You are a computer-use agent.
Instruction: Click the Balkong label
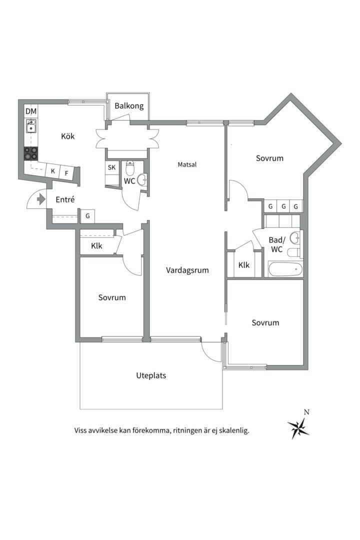129,106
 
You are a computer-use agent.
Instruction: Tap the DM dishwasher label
31,111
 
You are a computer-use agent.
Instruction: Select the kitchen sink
31,127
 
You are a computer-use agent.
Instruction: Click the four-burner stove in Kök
31,152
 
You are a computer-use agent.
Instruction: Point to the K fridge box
52,171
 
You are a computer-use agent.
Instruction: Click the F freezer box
66,173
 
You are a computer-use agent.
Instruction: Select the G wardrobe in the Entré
87,216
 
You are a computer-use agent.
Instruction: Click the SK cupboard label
111,167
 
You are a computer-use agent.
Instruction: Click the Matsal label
187,164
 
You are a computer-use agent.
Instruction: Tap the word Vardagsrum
187,270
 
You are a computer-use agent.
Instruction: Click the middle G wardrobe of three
283,206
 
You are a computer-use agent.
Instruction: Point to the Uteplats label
151,375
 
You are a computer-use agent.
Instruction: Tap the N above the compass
306,412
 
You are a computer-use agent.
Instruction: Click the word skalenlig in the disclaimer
232,430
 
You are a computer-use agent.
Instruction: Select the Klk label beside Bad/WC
244,265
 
